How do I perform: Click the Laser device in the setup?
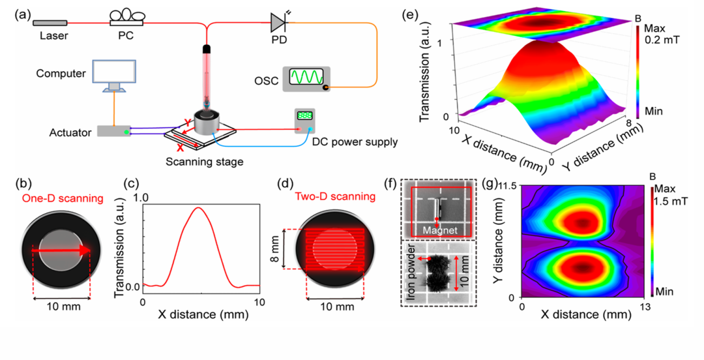(x=50, y=23)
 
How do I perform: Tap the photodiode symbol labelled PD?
(x=278, y=22)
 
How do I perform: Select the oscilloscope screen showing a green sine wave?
(x=306, y=77)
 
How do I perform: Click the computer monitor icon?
(x=113, y=76)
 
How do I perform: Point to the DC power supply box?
(x=304, y=121)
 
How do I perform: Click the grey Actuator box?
(x=114, y=131)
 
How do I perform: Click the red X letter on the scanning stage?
(x=180, y=147)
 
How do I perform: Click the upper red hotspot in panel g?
(x=582, y=222)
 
